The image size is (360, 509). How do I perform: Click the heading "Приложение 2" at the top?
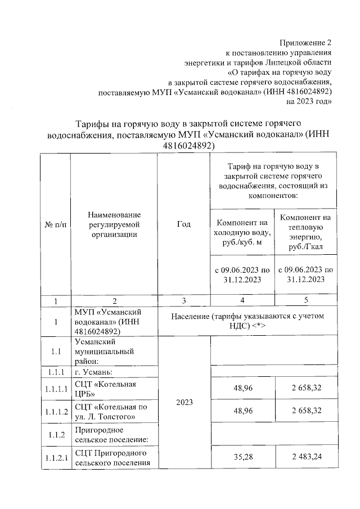coord(306,43)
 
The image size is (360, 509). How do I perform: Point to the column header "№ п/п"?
coord(55,224)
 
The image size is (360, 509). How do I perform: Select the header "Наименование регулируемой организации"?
coord(114,224)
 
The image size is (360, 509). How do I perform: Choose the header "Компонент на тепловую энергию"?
coord(305,231)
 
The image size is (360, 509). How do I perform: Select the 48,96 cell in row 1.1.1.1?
coord(242,388)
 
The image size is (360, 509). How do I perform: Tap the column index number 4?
coord(242,301)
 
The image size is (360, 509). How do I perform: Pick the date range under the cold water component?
coord(242,274)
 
